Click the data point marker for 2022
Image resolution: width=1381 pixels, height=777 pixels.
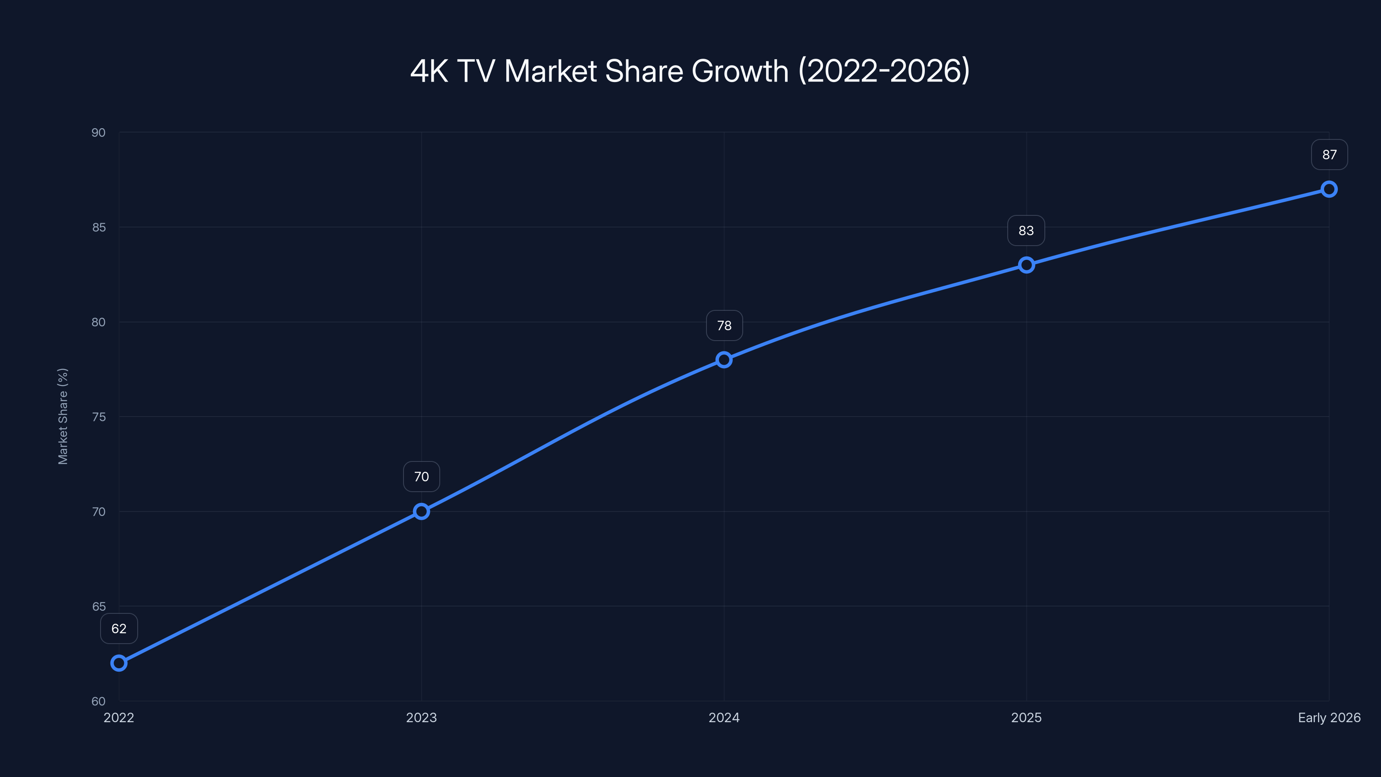[119, 663]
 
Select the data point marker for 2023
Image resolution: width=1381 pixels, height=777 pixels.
[421, 512]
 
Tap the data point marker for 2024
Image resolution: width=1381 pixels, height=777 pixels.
[724, 360]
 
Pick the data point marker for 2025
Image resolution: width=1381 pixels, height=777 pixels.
[1026, 265]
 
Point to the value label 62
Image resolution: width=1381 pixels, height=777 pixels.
[119, 629]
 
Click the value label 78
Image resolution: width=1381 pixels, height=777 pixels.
[724, 325]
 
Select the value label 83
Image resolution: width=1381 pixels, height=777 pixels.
[1026, 231]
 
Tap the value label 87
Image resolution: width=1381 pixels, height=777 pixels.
[1329, 155]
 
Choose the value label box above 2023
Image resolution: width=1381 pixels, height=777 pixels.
[421, 477]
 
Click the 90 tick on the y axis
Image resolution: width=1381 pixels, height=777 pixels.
[99, 133]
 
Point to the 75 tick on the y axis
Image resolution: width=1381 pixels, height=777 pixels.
[99, 417]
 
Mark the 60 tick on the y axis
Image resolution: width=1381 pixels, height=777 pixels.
[99, 701]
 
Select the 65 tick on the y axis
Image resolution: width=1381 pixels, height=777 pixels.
[99, 606]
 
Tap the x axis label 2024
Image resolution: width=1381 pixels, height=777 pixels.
[724, 717]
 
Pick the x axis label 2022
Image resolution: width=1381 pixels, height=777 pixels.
[119, 717]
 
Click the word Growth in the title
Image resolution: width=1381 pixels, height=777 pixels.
[740, 71]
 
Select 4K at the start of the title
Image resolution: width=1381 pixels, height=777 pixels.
[429, 71]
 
